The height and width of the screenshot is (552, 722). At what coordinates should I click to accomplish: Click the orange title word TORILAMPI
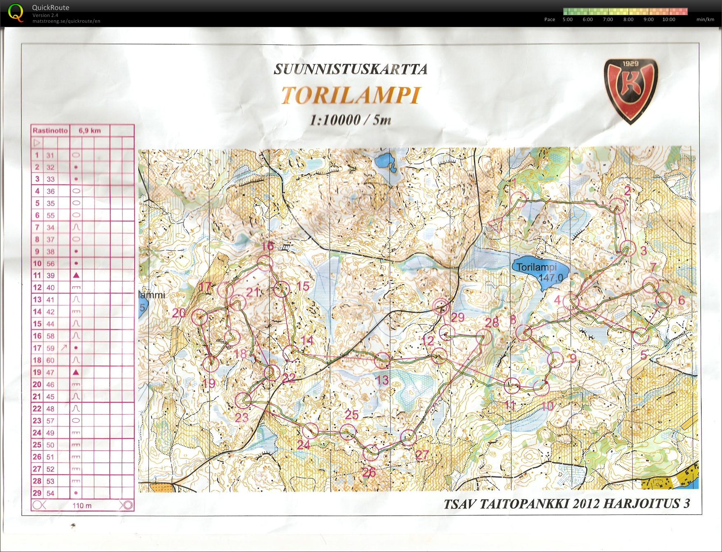351,95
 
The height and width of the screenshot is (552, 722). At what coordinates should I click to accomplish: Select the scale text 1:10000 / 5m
350,120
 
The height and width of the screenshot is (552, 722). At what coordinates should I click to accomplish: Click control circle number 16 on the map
265,263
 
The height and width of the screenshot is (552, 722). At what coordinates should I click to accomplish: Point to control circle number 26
371,452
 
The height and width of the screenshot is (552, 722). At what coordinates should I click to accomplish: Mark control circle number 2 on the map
617,206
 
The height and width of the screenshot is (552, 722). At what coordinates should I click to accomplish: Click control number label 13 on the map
382,380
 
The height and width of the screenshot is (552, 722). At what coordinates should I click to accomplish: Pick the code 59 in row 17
50,348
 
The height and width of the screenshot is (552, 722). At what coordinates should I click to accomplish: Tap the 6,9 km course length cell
90,131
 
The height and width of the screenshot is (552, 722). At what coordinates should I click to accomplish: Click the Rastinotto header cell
50,131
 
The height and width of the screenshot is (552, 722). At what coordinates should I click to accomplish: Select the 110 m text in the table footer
82,506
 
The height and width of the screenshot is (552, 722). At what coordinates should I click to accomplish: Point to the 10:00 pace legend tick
669,19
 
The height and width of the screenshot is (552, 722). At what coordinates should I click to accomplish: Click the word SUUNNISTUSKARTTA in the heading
351,70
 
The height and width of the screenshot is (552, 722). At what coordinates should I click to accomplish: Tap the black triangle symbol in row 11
76,275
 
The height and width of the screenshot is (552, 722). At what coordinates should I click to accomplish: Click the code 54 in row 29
50,493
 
